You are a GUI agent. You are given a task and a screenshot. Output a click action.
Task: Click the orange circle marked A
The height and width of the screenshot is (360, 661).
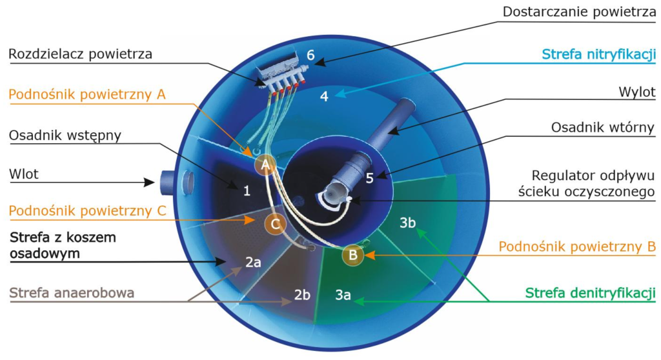click(265, 165)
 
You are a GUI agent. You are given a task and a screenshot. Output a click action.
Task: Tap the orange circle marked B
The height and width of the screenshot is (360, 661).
click(353, 255)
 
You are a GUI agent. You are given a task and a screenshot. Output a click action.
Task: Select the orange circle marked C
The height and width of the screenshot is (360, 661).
click(275, 224)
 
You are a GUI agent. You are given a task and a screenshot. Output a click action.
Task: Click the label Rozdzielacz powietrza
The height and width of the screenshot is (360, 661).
click(80, 54)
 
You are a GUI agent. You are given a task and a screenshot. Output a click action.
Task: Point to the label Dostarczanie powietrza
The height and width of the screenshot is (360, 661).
click(579, 12)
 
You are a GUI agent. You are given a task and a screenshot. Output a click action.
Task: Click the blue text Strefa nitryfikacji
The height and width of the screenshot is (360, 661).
click(598, 54)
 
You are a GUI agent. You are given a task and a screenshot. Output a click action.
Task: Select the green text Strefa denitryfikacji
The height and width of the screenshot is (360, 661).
click(590, 293)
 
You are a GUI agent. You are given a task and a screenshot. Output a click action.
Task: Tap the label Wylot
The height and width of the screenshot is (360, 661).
click(637, 92)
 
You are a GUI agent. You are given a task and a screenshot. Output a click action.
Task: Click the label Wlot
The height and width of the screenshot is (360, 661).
click(24, 174)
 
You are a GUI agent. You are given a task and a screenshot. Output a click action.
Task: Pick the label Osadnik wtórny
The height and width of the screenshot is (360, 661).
click(603, 127)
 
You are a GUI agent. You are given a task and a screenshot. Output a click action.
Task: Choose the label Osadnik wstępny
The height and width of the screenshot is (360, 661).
click(65, 135)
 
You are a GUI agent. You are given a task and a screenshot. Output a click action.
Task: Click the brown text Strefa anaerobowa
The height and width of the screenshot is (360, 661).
click(72, 293)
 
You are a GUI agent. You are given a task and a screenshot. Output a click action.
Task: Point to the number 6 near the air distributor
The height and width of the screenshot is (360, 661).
click(310, 55)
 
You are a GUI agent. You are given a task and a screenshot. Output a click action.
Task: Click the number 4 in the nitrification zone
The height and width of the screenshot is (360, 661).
click(324, 96)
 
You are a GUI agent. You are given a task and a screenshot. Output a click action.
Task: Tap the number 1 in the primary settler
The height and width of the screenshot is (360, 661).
click(247, 191)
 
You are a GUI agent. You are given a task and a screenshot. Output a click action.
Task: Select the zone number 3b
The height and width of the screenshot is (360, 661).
click(408, 223)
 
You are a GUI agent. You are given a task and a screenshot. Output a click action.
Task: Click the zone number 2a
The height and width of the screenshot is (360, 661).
click(253, 262)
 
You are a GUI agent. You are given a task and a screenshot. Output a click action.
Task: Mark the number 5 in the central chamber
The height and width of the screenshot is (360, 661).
click(370, 178)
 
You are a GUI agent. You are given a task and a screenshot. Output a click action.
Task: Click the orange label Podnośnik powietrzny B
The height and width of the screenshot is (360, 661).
click(577, 246)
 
